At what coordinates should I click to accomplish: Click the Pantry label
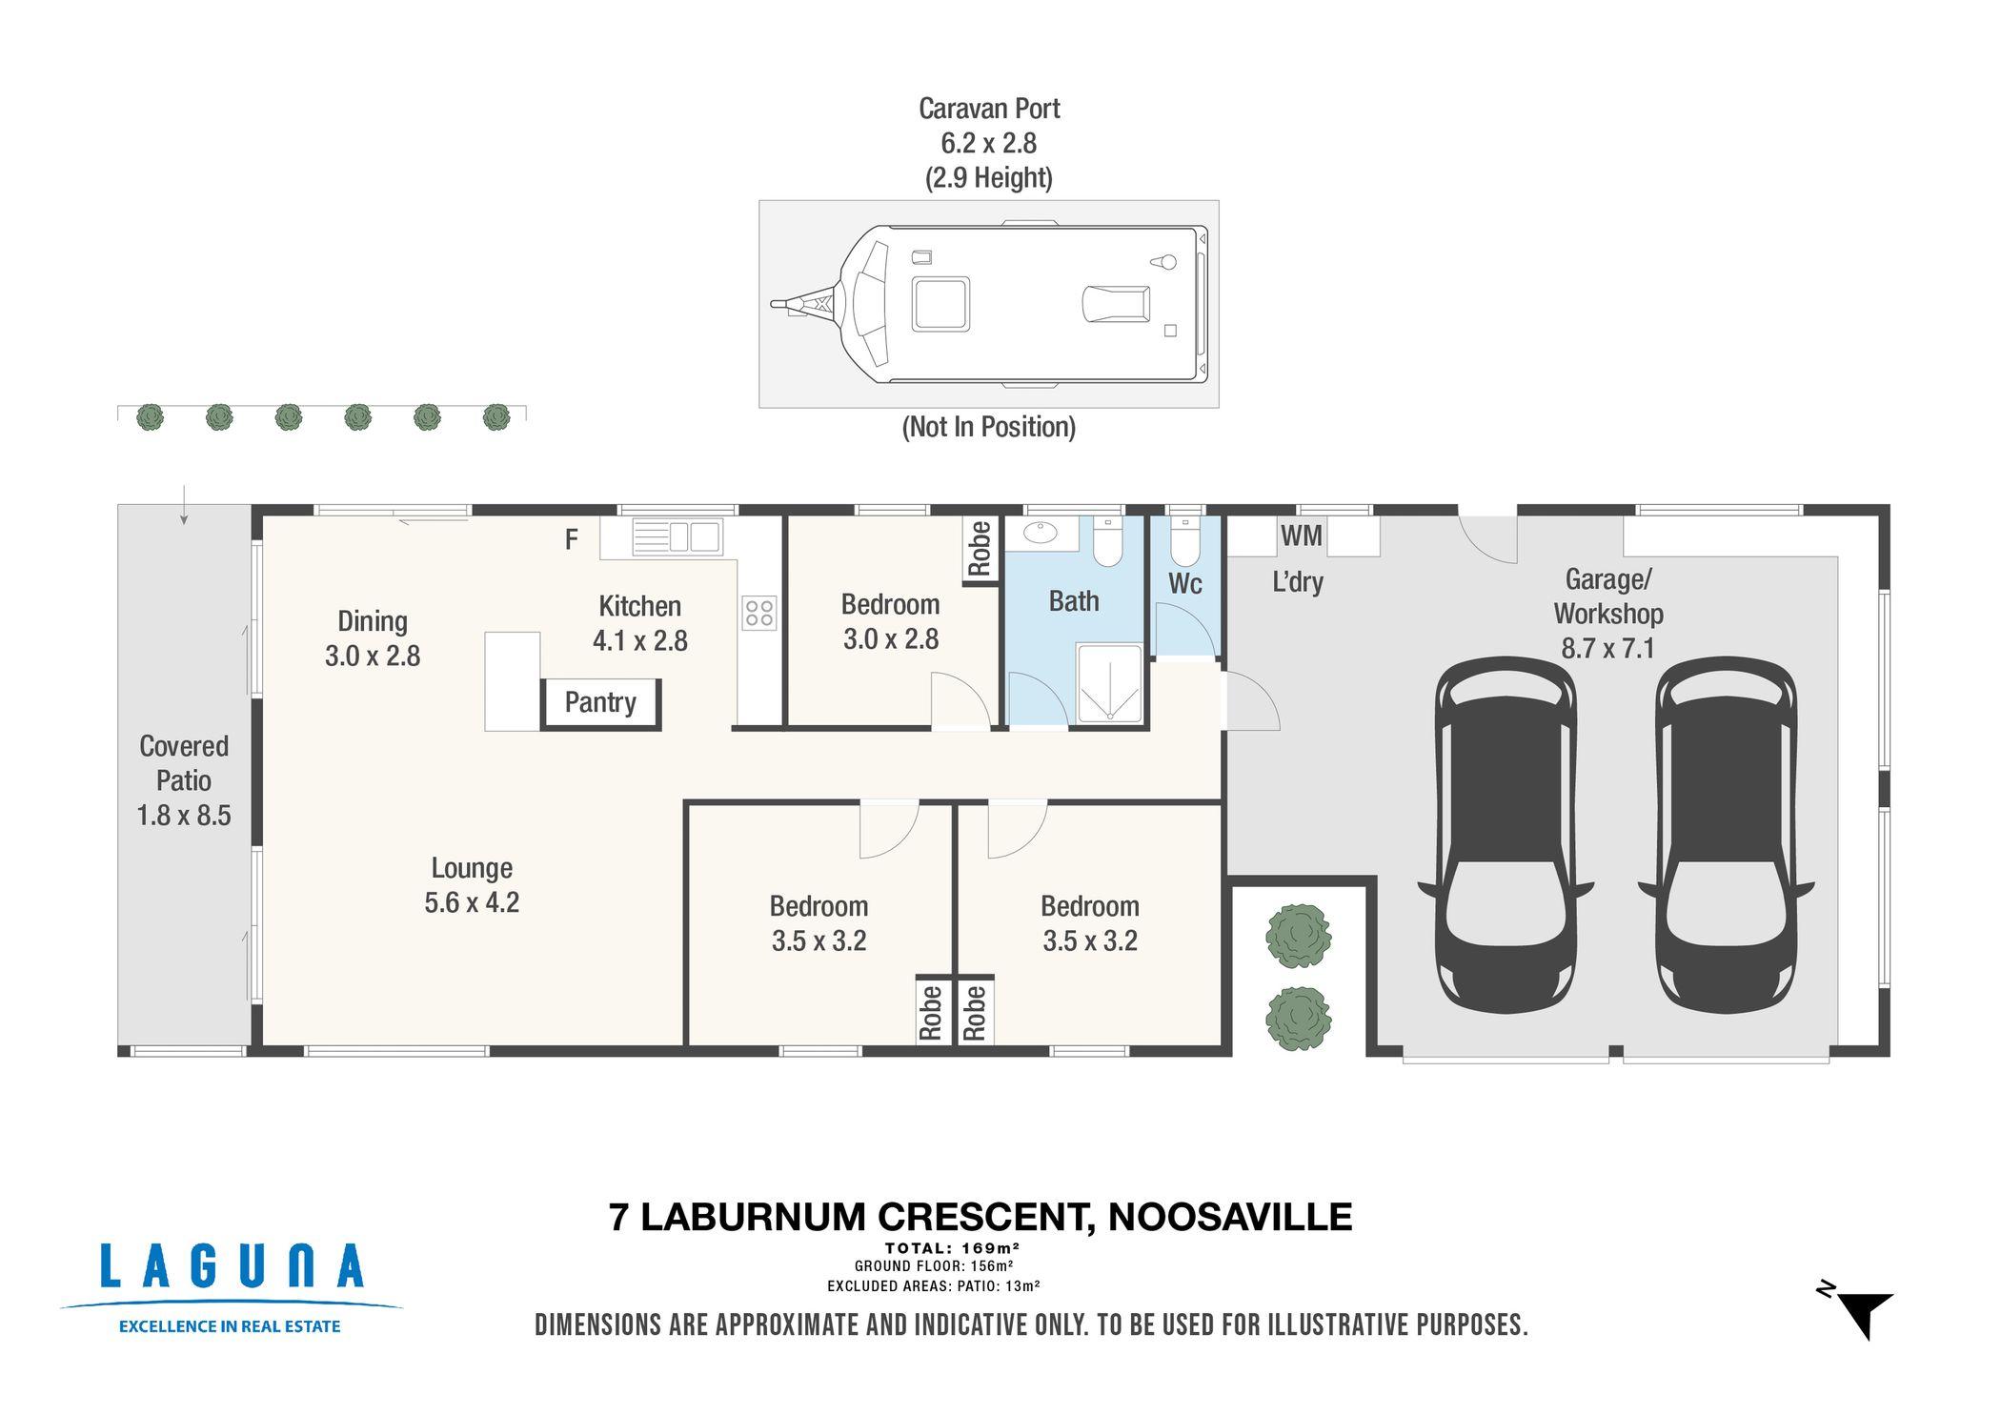pyautogui.click(x=600, y=702)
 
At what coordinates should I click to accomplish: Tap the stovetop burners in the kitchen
pyautogui.click(x=759, y=613)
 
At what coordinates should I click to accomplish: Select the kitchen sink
pyautogui.click(x=677, y=536)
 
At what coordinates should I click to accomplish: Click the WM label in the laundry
pyautogui.click(x=1302, y=536)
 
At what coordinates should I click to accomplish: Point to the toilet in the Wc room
pyautogui.click(x=1186, y=543)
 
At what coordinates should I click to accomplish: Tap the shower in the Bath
pyautogui.click(x=1109, y=683)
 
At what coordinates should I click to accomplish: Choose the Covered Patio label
pyautogui.click(x=184, y=780)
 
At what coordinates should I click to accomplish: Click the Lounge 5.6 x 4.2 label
pyautogui.click(x=472, y=885)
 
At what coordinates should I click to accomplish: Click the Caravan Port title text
pyautogui.click(x=989, y=109)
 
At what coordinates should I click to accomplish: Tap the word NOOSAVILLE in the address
pyautogui.click(x=1230, y=1218)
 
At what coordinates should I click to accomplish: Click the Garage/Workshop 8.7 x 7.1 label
pyautogui.click(x=1607, y=614)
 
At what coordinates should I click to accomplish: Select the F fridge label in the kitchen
pyautogui.click(x=572, y=540)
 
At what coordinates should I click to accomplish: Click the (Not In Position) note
pyautogui.click(x=989, y=427)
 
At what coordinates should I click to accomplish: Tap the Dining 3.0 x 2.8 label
pyautogui.click(x=373, y=638)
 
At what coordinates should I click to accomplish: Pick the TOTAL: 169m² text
pyautogui.click(x=953, y=1248)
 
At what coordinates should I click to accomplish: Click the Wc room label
pyautogui.click(x=1185, y=583)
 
